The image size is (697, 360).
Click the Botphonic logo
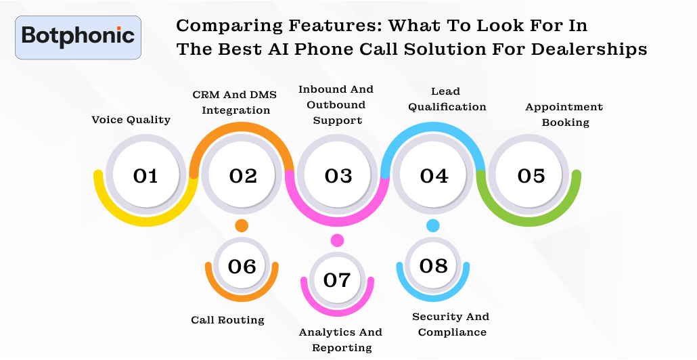[x=78, y=37]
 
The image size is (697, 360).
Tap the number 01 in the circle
[x=145, y=176]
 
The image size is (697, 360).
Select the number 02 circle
[x=242, y=176]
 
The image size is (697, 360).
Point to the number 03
[x=338, y=176]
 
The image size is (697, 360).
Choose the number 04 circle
[x=434, y=176]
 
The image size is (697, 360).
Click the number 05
[x=531, y=176]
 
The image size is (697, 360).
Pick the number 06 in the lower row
[x=242, y=267]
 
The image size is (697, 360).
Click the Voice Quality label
[x=131, y=120]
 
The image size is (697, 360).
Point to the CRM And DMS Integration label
[x=235, y=102]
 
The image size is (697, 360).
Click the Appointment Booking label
[x=564, y=114]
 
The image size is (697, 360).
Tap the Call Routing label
[x=227, y=320]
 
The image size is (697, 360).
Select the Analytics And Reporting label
[x=342, y=340]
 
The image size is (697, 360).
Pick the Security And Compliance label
[x=451, y=324]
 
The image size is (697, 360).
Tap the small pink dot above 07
[x=337, y=240]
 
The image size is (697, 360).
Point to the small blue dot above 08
[x=433, y=225]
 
